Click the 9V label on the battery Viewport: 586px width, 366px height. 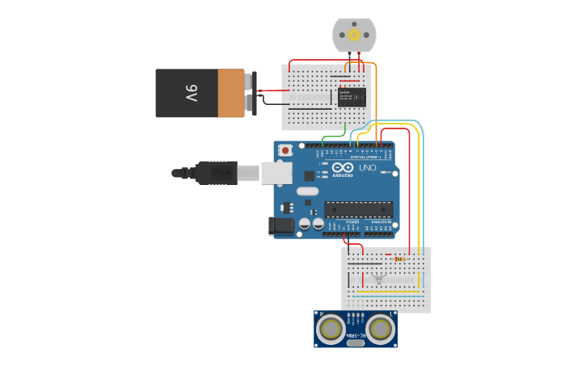pyautogui.click(x=191, y=93)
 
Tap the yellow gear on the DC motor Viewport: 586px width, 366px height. pyautogui.click(x=354, y=36)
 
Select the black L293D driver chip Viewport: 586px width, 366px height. pyautogui.click(x=352, y=97)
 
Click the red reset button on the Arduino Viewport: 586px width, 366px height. pyautogui.click(x=286, y=150)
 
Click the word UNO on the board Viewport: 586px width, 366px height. pyautogui.click(x=368, y=167)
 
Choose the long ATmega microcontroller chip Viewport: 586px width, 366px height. pyautogui.click(x=358, y=209)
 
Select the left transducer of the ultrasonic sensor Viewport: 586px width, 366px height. pyautogui.click(x=331, y=328)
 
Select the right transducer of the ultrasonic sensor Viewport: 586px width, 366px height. pyautogui.click(x=382, y=328)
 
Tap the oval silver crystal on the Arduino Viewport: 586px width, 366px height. pyautogui.click(x=307, y=191)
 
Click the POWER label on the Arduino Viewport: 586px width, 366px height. pyautogui.click(x=352, y=221)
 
